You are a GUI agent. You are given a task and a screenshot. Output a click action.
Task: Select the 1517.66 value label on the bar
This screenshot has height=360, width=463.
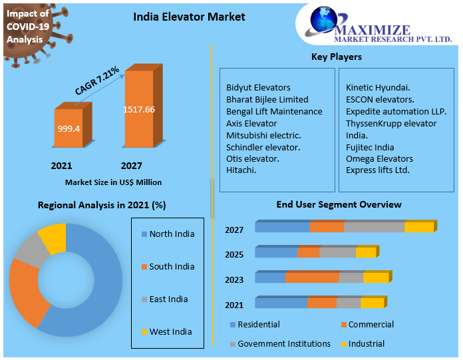tap(139, 109)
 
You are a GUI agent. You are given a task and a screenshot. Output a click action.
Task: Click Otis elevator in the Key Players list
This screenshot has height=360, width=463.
tap(253, 158)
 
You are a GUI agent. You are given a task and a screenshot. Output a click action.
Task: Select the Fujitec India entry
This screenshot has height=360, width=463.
tap(370, 147)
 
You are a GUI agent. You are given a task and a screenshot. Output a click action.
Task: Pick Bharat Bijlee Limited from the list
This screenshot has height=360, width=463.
tap(267, 99)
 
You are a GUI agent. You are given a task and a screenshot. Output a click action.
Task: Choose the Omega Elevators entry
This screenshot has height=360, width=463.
tap(379, 158)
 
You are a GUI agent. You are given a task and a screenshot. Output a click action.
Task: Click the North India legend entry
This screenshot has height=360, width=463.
tap(172, 234)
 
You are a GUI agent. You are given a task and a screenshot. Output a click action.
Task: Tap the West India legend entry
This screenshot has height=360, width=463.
tap(170, 331)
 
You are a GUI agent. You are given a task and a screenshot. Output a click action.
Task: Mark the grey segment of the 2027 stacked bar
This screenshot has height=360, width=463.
tap(374, 228)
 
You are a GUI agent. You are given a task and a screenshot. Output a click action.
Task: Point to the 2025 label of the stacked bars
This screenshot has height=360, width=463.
tap(234, 254)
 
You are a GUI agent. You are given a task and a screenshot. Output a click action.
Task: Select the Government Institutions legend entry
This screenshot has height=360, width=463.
tap(284, 344)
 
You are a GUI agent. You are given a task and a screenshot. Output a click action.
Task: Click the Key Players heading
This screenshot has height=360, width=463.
tap(337, 57)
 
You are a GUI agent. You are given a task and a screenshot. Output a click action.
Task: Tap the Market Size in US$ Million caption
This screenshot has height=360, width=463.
tap(113, 182)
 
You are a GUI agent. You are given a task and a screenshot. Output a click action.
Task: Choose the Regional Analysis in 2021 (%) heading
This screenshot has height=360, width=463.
tap(102, 206)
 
